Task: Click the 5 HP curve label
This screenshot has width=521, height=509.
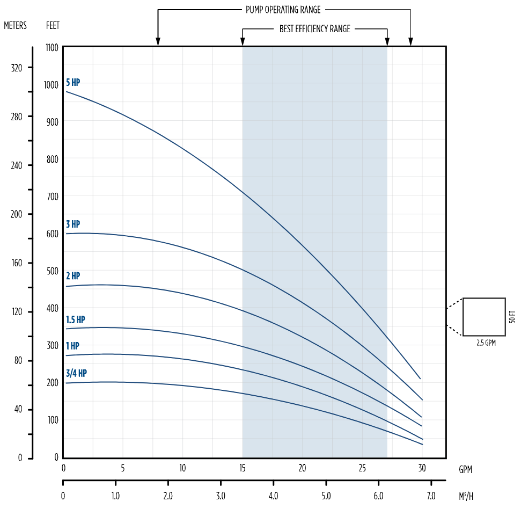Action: click(x=73, y=83)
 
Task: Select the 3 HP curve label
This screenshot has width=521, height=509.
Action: click(x=73, y=224)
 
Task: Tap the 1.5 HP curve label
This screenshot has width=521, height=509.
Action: click(x=76, y=319)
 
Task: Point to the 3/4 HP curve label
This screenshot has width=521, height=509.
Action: click(x=76, y=373)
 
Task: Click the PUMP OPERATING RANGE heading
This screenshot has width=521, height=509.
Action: click(x=283, y=10)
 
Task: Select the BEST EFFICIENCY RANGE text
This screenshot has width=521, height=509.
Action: click(x=314, y=29)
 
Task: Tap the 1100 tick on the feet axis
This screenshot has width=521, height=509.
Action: click(x=52, y=47)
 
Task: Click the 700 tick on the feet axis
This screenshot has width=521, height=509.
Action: click(x=52, y=197)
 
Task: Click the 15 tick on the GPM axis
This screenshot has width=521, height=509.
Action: click(x=243, y=468)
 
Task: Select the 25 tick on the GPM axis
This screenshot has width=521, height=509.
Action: click(x=362, y=468)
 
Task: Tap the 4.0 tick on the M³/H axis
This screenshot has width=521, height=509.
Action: click(x=273, y=495)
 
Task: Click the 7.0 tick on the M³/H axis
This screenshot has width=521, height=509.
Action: click(x=430, y=495)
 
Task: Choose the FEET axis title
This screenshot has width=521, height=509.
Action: click(x=53, y=25)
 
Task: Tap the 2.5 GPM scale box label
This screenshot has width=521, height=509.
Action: click(x=486, y=343)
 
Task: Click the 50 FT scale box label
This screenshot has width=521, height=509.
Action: click(x=512, y=317)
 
